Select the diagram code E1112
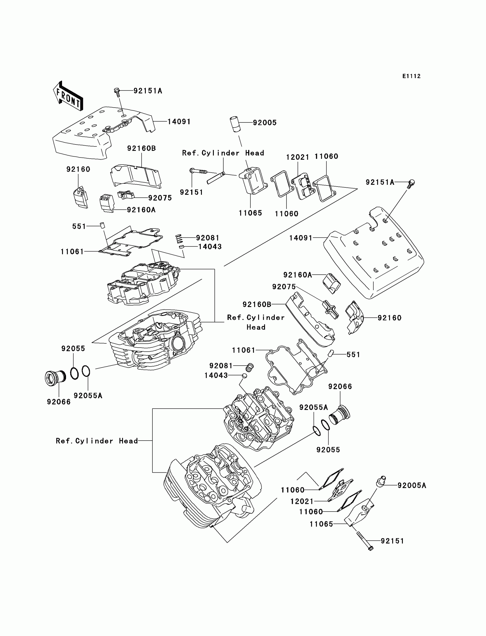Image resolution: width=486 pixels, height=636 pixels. [x=411, y=76]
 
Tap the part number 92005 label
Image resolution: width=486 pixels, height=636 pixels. [x=265, y=123]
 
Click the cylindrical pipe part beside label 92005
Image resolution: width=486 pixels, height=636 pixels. [x=236, y=124]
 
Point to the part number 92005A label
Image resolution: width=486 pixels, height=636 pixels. [x=412, y=486]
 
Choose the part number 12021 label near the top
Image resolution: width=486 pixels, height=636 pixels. [x=297, y=157]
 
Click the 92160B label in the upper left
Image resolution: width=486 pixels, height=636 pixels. [x=142, y=148]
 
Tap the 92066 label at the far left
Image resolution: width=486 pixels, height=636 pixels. [x=59, y=402]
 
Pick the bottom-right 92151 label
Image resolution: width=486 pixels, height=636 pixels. [x=392, y=541]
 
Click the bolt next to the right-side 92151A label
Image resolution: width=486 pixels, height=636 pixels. [x=411, y=184]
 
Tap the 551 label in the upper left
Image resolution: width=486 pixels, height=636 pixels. [x=79, y=226]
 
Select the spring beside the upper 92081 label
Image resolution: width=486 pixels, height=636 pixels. [x=179, y=239]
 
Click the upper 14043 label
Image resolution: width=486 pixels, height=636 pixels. [x=210, y=247]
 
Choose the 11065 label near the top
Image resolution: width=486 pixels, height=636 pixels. [x=250, y=213]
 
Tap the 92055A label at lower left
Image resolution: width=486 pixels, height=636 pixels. [x=88, y=396]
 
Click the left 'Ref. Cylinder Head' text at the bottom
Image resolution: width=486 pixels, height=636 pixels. [x=97, y=441]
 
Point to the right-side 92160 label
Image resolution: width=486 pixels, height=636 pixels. [x=389, y=318]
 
